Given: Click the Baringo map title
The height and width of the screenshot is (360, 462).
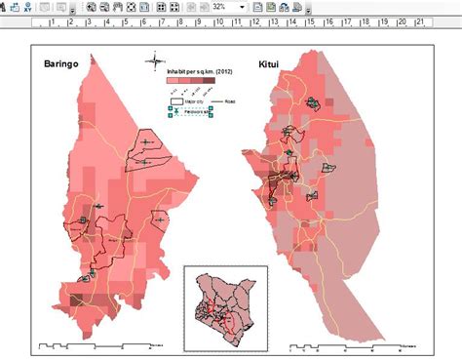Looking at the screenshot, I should click(60, 64).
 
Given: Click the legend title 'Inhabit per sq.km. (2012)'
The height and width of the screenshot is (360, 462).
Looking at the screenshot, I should click(202, 72).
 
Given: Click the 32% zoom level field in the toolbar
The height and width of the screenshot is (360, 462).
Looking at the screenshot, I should click(220, 7).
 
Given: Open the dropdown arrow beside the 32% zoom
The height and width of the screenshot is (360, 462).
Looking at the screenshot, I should click(242, 7).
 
